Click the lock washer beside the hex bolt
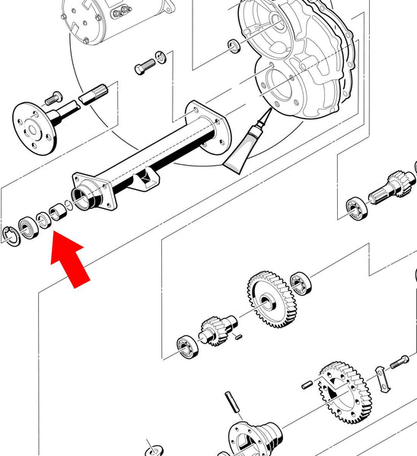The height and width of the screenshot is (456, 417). (x=161, y=56)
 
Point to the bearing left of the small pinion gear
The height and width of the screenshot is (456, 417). (x=186, y=345)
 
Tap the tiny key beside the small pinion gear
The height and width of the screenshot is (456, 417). (x=238, y=335)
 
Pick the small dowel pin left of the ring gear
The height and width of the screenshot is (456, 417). (x=305, y=385)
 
